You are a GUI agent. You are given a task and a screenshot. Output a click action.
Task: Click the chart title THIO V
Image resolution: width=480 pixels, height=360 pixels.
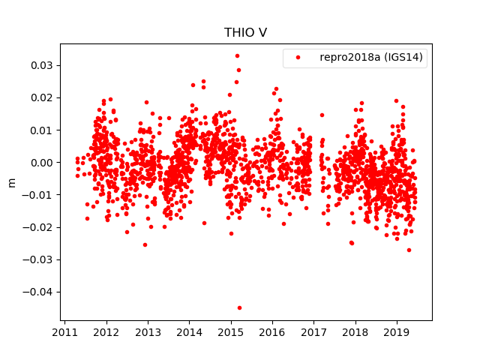coord(245,33)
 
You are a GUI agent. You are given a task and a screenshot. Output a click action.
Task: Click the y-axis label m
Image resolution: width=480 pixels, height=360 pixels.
coord(11,182)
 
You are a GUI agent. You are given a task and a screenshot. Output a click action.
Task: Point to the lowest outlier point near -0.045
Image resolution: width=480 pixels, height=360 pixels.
coord(239,307)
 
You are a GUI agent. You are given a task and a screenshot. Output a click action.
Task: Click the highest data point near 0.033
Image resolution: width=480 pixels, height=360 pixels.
coord(237,55)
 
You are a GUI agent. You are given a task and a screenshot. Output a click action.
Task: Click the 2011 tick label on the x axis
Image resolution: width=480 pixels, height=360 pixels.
coord(65,332)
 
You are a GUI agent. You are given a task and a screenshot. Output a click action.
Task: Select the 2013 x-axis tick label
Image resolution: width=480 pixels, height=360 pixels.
coord(148,332)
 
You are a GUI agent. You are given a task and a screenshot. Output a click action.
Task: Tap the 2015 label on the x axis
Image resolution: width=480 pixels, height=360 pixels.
coord(231,332)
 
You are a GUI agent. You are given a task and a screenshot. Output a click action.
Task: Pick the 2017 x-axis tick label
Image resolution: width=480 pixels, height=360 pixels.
coord(313,332)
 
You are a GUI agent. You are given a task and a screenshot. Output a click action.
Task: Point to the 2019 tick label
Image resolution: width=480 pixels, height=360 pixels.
coord(397,332)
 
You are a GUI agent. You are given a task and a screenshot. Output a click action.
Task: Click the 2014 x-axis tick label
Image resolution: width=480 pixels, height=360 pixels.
coord(190,332)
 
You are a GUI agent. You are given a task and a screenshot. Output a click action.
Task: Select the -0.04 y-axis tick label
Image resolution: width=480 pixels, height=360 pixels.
coord(40,292)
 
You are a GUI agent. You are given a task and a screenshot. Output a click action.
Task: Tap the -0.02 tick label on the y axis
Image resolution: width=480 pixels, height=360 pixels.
coord(40,227)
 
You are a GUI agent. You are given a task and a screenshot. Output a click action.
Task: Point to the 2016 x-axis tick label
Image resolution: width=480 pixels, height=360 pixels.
coord(272,332)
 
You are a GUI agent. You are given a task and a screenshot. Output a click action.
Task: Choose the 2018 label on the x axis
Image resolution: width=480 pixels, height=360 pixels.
coord(355,332)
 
